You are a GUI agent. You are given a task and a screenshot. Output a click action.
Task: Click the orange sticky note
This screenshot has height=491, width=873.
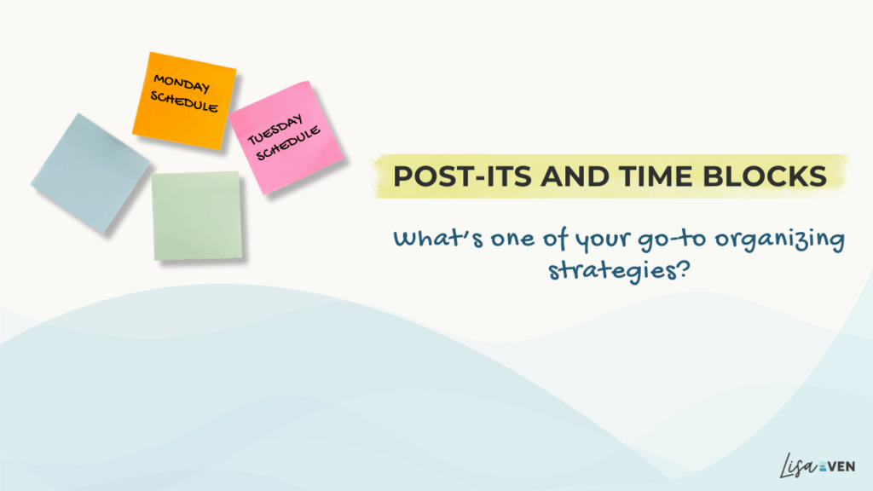(x=184, y=101)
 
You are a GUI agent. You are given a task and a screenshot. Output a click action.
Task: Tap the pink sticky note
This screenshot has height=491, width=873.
(x=286, y=137)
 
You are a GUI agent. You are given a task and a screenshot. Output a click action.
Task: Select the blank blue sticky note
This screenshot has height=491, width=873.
(x=90, y=173)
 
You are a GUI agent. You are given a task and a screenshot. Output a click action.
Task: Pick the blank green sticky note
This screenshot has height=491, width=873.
(x=197, y=216)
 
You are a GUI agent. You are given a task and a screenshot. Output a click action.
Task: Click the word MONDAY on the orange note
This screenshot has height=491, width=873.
(x=182, y=84)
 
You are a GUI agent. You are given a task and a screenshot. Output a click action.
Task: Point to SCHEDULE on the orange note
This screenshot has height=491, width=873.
(x=184, y=101)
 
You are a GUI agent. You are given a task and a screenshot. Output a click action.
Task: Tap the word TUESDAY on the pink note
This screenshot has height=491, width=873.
(x=275, y=130)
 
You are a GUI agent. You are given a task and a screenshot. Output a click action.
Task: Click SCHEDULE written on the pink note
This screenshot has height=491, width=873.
(x=288, y=143)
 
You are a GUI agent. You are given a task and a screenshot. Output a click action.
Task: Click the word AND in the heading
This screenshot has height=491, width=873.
(x=575, y=176)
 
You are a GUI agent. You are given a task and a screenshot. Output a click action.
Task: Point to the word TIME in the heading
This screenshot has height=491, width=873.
(x=656, y=176)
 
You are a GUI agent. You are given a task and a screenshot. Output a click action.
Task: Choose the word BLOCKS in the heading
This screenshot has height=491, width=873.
(x=765, y=176)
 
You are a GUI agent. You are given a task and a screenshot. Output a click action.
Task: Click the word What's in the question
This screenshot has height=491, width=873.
(x=438, y=239)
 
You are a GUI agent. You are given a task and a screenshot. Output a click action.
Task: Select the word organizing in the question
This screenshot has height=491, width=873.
(x=780, y=240)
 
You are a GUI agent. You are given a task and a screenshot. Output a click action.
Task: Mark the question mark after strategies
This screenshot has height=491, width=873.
(x=683, y=269)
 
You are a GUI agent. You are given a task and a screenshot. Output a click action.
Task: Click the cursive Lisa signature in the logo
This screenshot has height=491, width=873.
(x=798, y=465)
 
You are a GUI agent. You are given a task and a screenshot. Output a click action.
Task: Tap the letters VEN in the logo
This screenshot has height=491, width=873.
(x=841, y=466)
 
